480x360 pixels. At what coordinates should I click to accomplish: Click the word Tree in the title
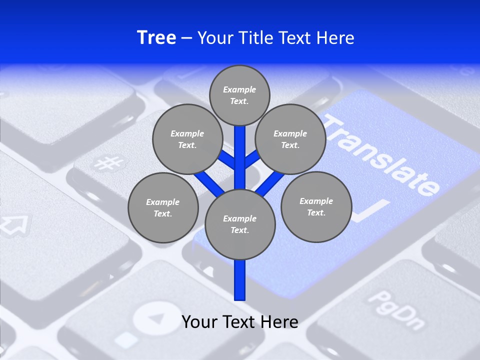click(x=156, y=38)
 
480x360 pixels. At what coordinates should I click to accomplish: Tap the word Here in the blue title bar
click(x=333, y=38)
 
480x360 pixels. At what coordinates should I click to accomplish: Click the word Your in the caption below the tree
click(x=200, y=321)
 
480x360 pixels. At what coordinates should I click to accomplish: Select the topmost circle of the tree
click(x=239, y=95)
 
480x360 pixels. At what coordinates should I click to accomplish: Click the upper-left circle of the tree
click(x=187, y=139)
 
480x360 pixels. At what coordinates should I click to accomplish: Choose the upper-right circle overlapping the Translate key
click(x=290, y=139)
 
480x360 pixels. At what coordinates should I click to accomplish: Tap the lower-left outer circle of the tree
click(x=163, y=207)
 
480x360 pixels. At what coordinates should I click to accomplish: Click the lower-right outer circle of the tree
click(x=316, y=206)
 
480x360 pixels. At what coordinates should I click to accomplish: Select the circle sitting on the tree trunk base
click(x=240, y=224)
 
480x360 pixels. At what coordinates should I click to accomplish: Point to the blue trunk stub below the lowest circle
click(x=240, y=280)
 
